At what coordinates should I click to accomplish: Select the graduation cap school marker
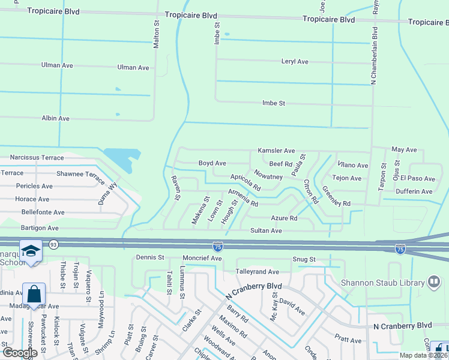pyautogui.click(x=30, y=251)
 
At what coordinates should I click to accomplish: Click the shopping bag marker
pyautogui.click(x=34, y=294)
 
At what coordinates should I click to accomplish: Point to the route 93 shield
pyautogui.click(x=53, y=244)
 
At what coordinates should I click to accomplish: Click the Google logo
pyautogui.click(x=20, y=353)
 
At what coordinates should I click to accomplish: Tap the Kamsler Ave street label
pyautogui.click(x=276, y=151)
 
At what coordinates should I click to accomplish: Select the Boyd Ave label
pyautogui.click(x=212, y=163)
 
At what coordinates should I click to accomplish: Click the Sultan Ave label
pyautogui.click(x=266, y=230)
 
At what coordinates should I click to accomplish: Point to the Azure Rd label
pyautogui.click(x=284, y=218)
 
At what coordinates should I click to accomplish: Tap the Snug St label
pyautogui.click(x=304, y=259)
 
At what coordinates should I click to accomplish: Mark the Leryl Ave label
pyautogui.click(x=294, y=62)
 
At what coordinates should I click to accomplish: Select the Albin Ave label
pyautogui.click(x=55, y=119)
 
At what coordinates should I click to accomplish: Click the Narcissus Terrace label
pyautogui.click(x=37, y=158)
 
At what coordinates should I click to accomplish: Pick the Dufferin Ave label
pyautogui.click(x=414, y=191)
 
